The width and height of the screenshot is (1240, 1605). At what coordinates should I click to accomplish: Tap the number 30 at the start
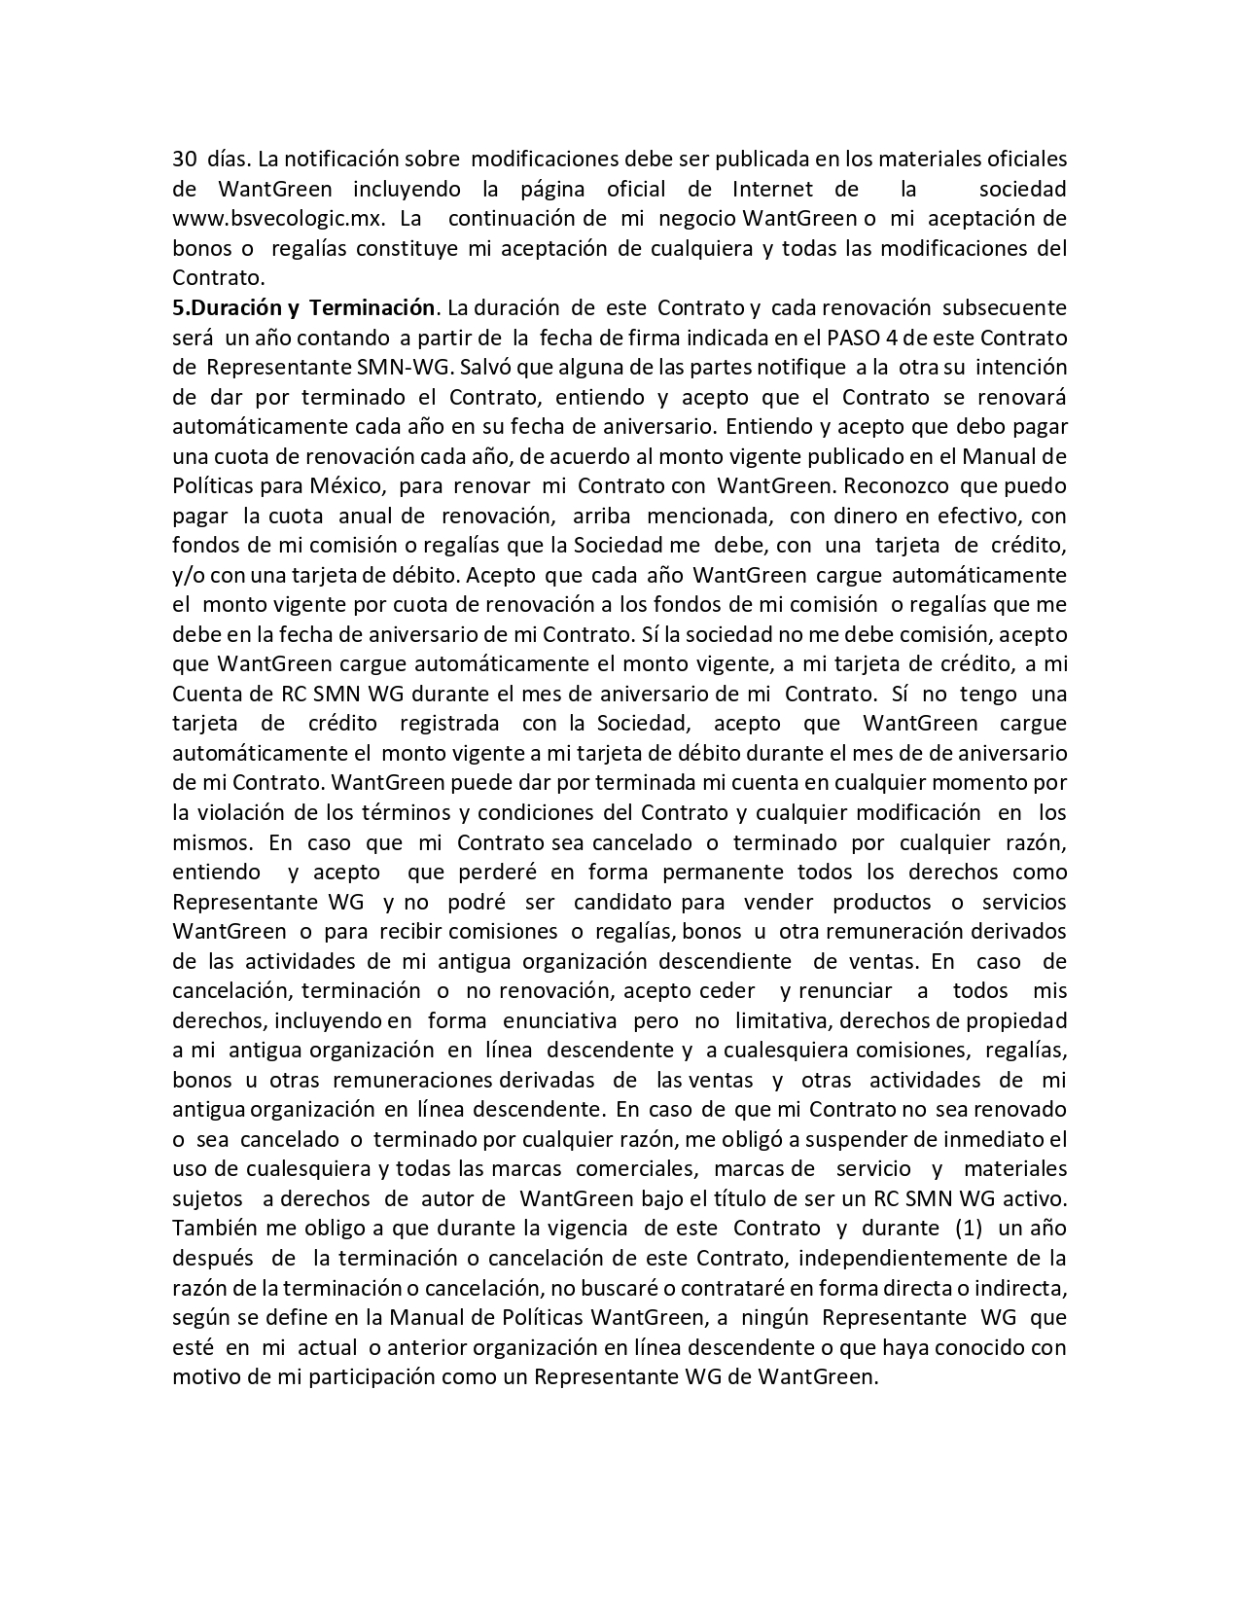(185, 159)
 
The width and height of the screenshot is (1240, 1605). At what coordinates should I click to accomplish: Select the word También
(212, 1228)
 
